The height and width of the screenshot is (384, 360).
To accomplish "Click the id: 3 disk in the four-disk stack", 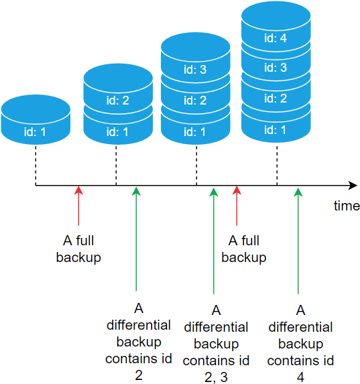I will [x=276, y=68].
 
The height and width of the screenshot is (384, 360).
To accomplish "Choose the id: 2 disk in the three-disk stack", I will [x=196, y=101].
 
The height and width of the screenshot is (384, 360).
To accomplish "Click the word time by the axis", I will [x=347, y=206].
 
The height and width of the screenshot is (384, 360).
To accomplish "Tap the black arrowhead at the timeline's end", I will [x=351, y=185].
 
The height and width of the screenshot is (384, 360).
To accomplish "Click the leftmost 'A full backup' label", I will [x=78, y=249].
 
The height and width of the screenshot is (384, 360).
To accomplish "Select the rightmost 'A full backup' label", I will [x=244, y=249].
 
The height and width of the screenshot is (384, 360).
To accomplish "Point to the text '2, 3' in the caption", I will [x=216, y=377].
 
